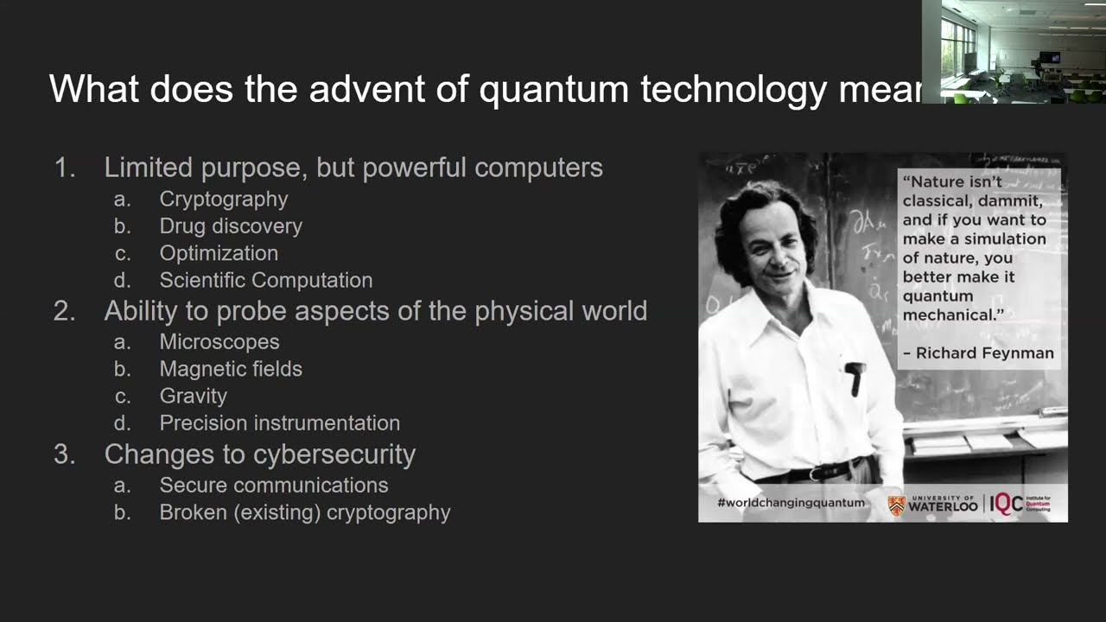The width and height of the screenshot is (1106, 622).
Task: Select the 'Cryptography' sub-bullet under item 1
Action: click(x=223, y=199)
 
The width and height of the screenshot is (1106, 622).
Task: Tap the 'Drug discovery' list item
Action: click(x=231, y=226)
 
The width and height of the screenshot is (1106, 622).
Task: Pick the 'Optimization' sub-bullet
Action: click(x=219, y=253)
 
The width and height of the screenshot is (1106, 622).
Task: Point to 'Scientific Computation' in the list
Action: click(x=265, y=281)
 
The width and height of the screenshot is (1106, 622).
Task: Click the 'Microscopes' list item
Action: click(x=219, y=342)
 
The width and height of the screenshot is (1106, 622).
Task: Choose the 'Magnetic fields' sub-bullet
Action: click(x=231, y=369)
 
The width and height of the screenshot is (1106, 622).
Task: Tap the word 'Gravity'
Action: click(x=193, y=397)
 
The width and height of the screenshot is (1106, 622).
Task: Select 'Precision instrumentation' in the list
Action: click(x=279, y=423)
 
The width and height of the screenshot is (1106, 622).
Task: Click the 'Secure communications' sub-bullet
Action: click(x=273, y=486)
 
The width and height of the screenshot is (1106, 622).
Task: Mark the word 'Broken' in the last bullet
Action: click(x=191, y=512)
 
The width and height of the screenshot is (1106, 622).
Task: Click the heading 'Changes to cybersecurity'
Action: click(x=259, y=454)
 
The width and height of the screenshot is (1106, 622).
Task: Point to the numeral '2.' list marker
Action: click(x=65, y=311)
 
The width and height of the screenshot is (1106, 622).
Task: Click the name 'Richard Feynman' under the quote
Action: click(x=984, y=353)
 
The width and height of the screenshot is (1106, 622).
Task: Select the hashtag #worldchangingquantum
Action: click(x=791, y=504)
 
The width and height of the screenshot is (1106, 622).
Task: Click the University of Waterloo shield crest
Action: click(x=897, y=505)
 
